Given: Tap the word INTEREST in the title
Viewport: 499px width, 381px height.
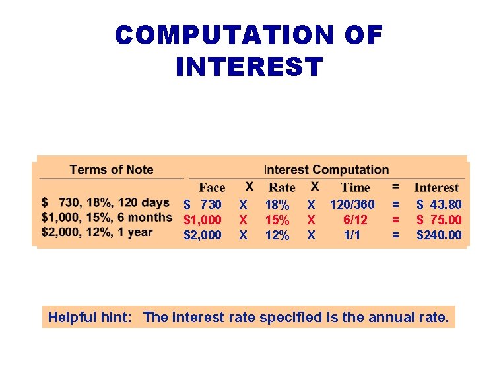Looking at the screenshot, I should (x=249, y=66).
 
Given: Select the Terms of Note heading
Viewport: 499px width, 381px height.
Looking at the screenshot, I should (x=111, y=170).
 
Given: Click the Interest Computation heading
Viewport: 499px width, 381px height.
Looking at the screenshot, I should (x=326, y=170).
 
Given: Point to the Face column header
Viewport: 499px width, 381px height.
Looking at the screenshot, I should (x=212, y=188).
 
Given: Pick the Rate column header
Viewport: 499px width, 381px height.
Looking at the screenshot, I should (x=282, y=188).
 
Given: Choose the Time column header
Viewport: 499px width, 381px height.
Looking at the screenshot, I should (x=355, y=188).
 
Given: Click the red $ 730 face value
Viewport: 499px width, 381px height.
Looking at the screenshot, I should (x=203, y=205).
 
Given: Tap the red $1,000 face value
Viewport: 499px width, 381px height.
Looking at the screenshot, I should (x=203, y=220).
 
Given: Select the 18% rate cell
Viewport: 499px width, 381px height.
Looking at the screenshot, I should (x=277, y=205).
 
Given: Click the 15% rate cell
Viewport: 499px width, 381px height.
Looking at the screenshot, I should (x=277, y=220).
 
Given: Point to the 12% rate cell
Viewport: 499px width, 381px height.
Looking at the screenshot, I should (x=277, y=235).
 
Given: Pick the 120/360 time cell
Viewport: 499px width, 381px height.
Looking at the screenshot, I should (x=352, y=205).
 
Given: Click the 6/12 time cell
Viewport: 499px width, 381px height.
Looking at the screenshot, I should (x=355, y=220).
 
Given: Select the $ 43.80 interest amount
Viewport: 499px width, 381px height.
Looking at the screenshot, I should (x=439, y=205).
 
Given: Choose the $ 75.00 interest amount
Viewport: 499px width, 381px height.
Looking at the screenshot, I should (x=439, y=220).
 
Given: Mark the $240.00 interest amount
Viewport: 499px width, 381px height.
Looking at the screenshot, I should (x=439, y=235).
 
